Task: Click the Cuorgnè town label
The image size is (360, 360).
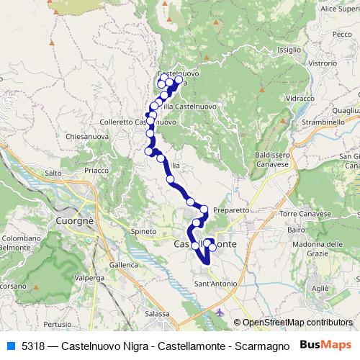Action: click(x=76, y=222)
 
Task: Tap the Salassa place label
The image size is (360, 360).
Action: click(x=157, y=314)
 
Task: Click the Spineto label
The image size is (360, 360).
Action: click(x=143, y=231)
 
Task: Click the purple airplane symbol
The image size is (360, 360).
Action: click(x=220, y=312)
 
